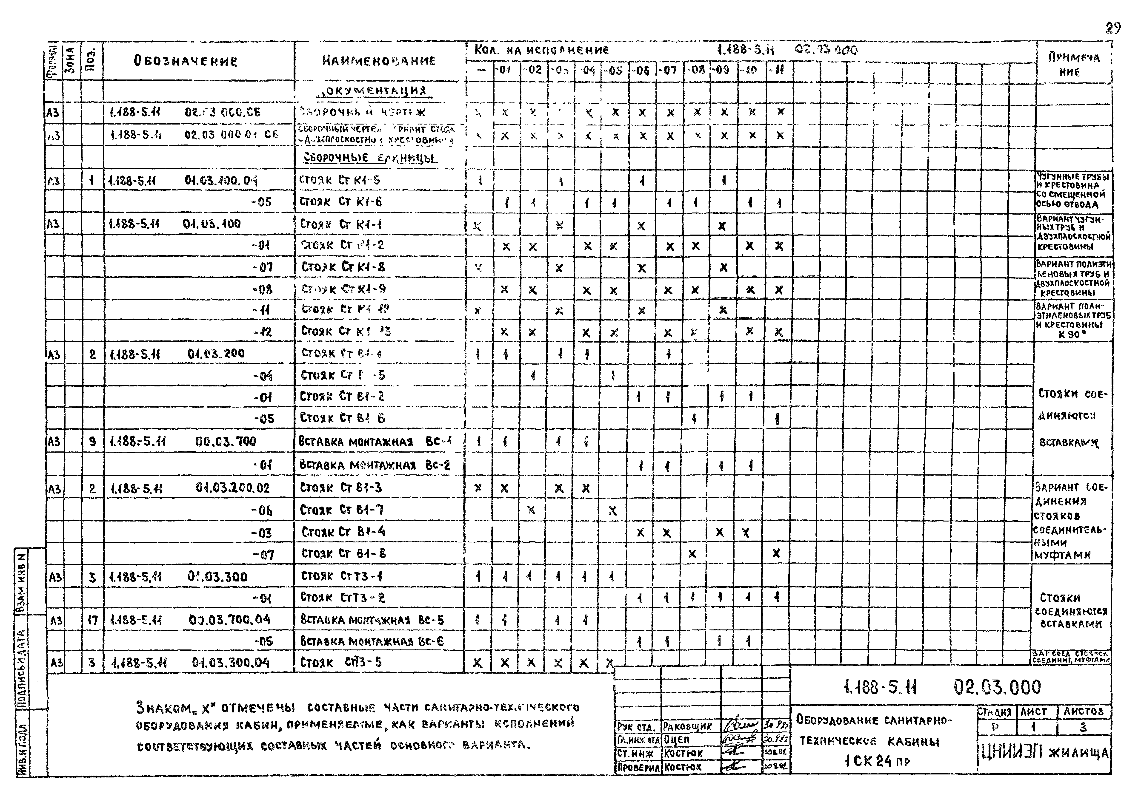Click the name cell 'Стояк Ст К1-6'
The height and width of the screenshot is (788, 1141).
pyautogui.click(x=341, y=202)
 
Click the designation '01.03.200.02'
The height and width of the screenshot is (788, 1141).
pyautogui.click(x=233, y=488)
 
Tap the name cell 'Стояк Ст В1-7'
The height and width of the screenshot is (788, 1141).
pyautogui.click(x=342, y=510)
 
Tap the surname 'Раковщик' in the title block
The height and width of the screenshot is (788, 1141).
pyautogui.click(x=687, y=726)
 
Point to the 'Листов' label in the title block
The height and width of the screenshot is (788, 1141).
pyautogui.click(x=1083, y=711)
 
